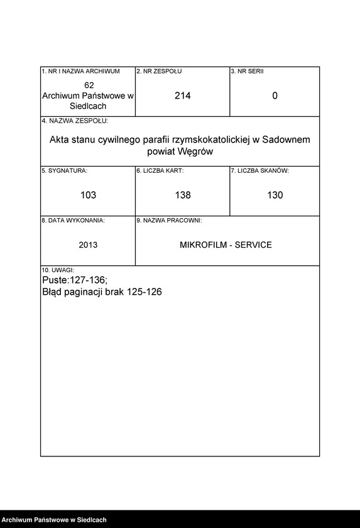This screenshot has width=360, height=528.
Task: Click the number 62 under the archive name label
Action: [89, 85]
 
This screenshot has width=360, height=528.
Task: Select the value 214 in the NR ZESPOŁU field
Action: [183, 96]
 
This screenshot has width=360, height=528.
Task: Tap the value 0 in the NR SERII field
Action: [275, 96]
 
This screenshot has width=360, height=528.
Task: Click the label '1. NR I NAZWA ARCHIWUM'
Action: [80, 72]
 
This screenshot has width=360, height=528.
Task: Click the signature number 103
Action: [89, 195]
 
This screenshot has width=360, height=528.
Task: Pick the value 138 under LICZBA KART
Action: [183, 195]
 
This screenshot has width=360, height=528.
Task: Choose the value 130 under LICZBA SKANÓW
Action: [275, 195]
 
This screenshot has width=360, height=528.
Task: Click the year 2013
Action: [88, 245]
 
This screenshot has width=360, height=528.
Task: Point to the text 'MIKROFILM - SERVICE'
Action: [226, 245]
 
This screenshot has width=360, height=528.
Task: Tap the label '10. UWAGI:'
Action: [58, 270]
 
